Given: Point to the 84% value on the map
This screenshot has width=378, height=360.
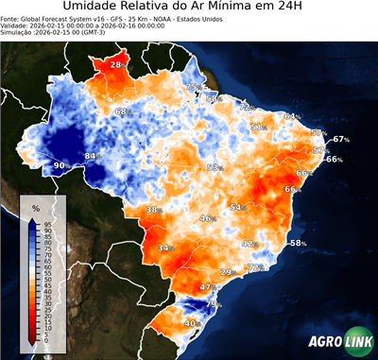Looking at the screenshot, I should coord(92,156).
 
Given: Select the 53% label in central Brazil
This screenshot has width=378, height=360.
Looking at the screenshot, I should coord(214,167).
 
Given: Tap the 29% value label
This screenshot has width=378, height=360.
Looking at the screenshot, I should coord(227,272).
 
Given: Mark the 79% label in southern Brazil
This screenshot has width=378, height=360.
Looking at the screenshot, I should coord(215,304).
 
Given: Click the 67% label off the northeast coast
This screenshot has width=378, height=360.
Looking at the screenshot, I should coord(340,139).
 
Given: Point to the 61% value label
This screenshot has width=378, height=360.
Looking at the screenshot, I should coord(257,127).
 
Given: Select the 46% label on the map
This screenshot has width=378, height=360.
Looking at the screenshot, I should coord(206,218).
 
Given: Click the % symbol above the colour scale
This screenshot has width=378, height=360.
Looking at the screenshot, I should coord(35,207).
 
